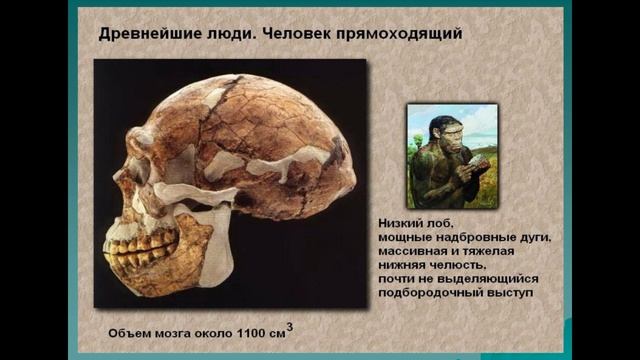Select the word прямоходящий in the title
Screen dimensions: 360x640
coord(401,34)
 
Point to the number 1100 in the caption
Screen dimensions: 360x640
coord(249,330)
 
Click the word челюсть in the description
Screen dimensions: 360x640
coord(459,266)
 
